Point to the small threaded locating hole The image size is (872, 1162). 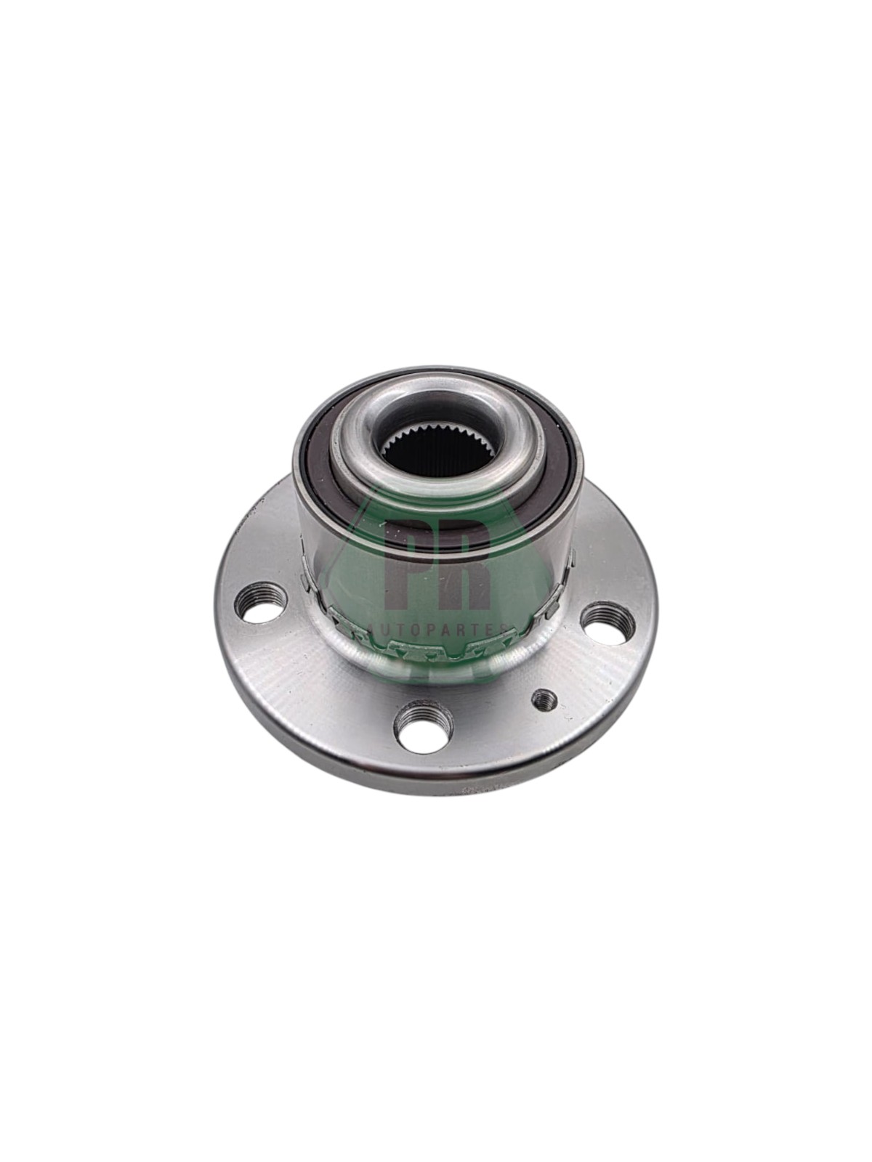pyautogui.click(x=544, y=702)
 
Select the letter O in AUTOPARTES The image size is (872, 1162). pyautogui.click(x=416, y=630)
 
